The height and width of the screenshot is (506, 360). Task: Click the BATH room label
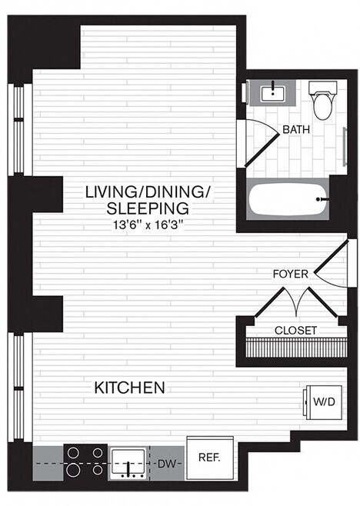(296, 130)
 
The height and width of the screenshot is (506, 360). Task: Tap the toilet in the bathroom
(322, 103)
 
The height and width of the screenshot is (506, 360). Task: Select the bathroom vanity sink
(272, 93)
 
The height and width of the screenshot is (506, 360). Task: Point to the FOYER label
(291, 274)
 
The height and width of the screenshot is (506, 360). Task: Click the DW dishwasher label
(166, 464)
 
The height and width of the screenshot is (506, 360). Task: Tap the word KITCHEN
(129, 388)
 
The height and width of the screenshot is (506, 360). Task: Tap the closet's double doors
(296, 301)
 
